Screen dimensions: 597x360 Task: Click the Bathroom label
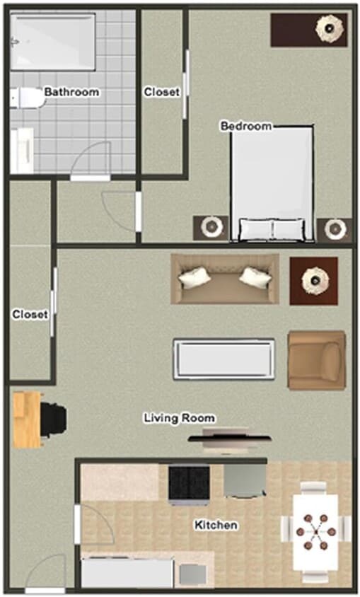[71, 92]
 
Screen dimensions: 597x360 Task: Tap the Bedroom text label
[246, 126]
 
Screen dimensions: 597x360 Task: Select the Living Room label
[179, 418]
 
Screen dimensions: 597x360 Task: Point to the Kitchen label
[216, 526]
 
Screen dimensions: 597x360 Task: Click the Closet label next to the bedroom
[161, 92]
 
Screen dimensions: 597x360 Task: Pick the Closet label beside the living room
[30, 314]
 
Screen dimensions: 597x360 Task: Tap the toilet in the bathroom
[25, 98]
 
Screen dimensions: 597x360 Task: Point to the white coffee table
[224, 359]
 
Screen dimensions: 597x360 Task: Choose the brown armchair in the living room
[316, 360]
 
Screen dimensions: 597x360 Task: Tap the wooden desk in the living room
[27, 420]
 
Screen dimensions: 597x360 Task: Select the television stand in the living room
[228, 439]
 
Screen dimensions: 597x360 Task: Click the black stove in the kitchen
[188, 482]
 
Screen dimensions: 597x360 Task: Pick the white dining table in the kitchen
[316, 528]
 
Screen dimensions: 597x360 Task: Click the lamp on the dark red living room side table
[313, 280]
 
